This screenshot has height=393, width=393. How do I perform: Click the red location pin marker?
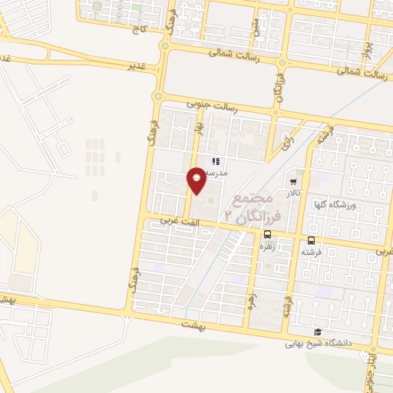click(x=197, y=180)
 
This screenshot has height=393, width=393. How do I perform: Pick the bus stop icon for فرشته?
click(x=310, y=239)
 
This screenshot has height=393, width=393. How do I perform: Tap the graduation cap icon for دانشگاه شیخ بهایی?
click(x=316, y=332)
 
